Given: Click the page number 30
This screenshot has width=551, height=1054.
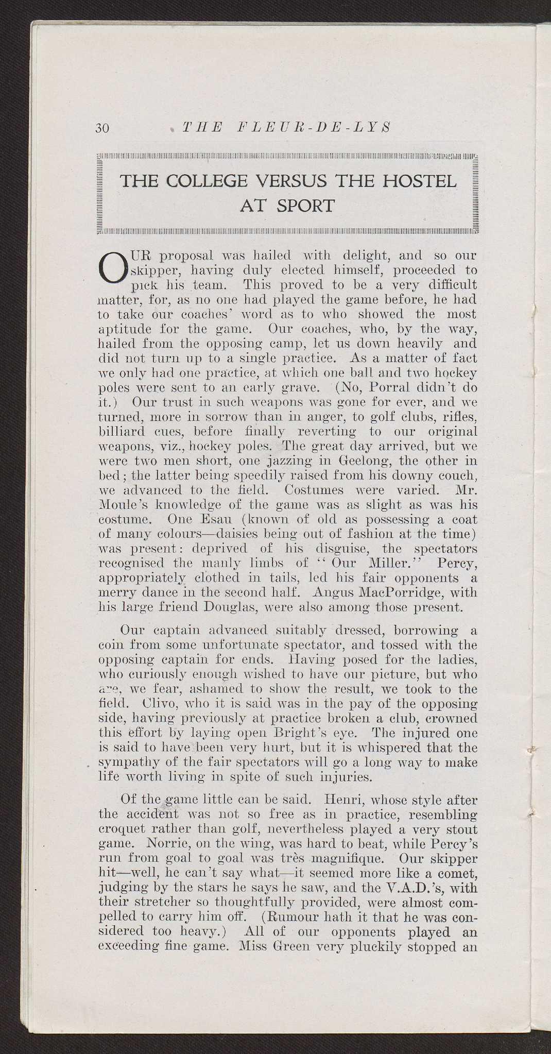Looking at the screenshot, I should click(103, 129).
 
